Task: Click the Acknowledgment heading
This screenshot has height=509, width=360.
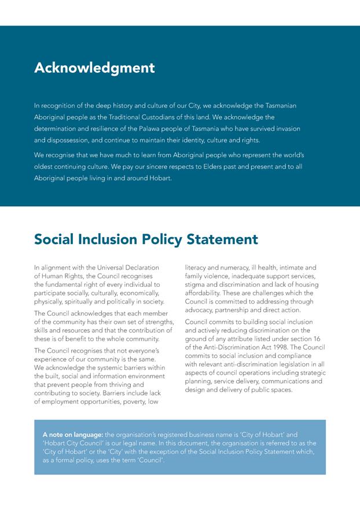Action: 94,68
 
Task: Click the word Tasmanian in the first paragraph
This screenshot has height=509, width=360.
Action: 281,106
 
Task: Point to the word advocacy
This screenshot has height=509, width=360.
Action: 200,309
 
